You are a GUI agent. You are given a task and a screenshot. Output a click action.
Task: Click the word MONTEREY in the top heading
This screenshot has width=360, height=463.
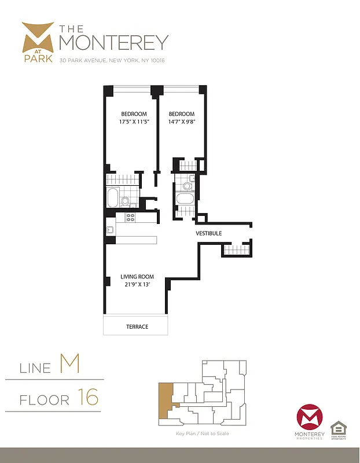coord(114,42)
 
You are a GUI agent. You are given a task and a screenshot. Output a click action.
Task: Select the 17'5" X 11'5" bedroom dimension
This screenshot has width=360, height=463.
coord(133,122)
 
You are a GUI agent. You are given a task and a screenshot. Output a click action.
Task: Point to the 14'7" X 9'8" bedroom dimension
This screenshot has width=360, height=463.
coord(182,122)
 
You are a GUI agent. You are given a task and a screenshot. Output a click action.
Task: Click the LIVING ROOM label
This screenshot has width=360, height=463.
coord(135,276)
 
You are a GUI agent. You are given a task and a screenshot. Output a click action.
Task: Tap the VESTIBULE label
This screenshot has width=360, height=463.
coord(208,233)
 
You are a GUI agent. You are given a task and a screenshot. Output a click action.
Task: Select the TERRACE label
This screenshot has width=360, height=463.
coord(137,326)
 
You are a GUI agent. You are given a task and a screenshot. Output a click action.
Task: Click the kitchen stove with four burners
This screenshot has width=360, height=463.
coord(130,218)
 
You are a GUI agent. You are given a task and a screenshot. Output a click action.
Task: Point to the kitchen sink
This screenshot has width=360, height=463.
coord(109,230)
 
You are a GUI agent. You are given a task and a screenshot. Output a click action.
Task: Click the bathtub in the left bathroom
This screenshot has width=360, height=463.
coord(112,198)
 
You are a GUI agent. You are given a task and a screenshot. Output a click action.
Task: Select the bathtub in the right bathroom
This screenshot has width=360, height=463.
coord(185,200)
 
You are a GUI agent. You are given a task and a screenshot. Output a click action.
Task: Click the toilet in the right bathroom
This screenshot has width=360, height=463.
coord(186,186)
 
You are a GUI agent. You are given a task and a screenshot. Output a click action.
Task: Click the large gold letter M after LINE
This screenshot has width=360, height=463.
coord(69,365)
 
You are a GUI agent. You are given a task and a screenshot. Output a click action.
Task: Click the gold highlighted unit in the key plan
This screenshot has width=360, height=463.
coord(164,399)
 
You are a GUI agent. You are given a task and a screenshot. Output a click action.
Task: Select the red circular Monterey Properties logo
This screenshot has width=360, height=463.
coord(308,418)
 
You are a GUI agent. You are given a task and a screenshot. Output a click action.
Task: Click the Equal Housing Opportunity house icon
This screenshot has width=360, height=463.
coord(338,429)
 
